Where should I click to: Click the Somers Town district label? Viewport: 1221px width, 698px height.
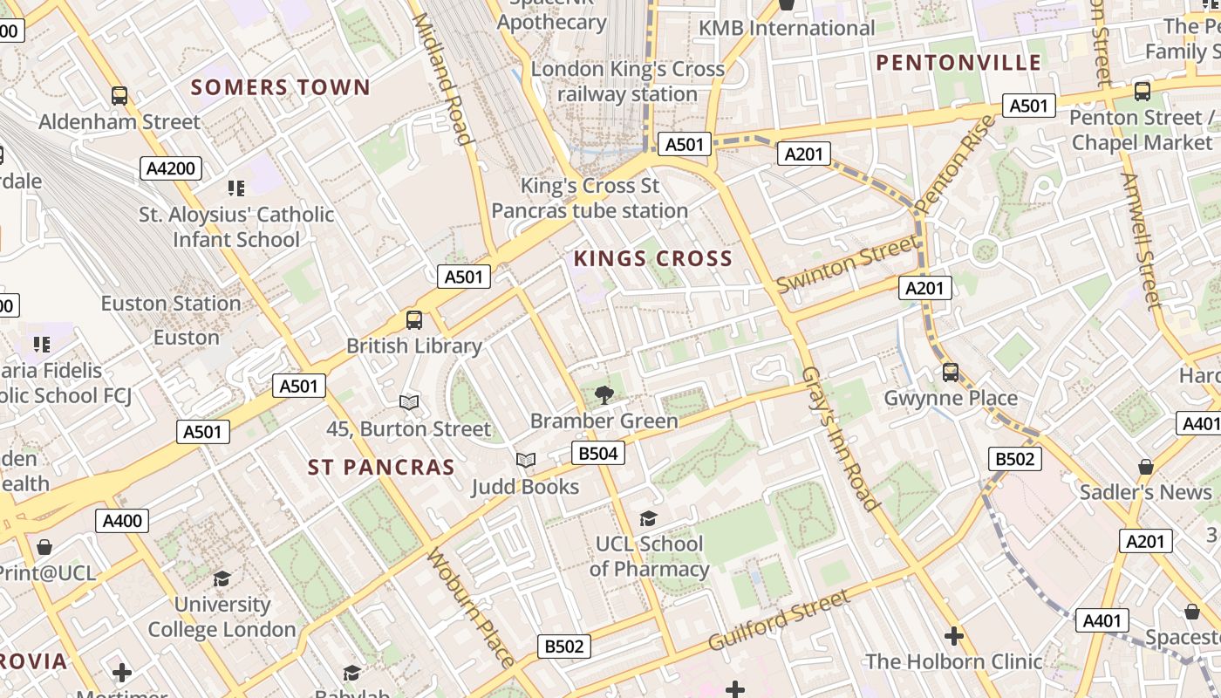click(281, 87)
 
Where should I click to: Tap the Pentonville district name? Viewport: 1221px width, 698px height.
click(958, 62)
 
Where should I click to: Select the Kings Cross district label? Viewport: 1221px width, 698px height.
click(653, 258)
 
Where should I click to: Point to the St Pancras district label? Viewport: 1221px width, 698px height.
click(381, 468)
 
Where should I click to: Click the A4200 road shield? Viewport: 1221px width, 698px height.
click(171, 168)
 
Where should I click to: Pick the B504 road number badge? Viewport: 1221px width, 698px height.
click(598, 452)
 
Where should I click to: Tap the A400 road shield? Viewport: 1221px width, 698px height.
click(122, 521)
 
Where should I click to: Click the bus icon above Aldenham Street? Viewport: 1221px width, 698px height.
click(119, 96)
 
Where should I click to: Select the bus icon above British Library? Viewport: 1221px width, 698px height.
click(414, 320)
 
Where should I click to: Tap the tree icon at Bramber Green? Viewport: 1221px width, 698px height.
click(604, 395)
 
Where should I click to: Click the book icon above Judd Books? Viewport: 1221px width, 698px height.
click(525, 460)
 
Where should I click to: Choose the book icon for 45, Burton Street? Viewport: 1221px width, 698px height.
click(409, 402)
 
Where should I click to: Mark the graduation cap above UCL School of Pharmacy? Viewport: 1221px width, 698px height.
click(648, 519)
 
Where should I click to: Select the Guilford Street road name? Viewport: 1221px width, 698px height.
click(779, 620)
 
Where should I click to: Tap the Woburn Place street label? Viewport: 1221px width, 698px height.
click(471, 606)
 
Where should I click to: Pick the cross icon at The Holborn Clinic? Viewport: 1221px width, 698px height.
click(953, 636)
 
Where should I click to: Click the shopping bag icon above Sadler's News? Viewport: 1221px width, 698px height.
click(1146, 467)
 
